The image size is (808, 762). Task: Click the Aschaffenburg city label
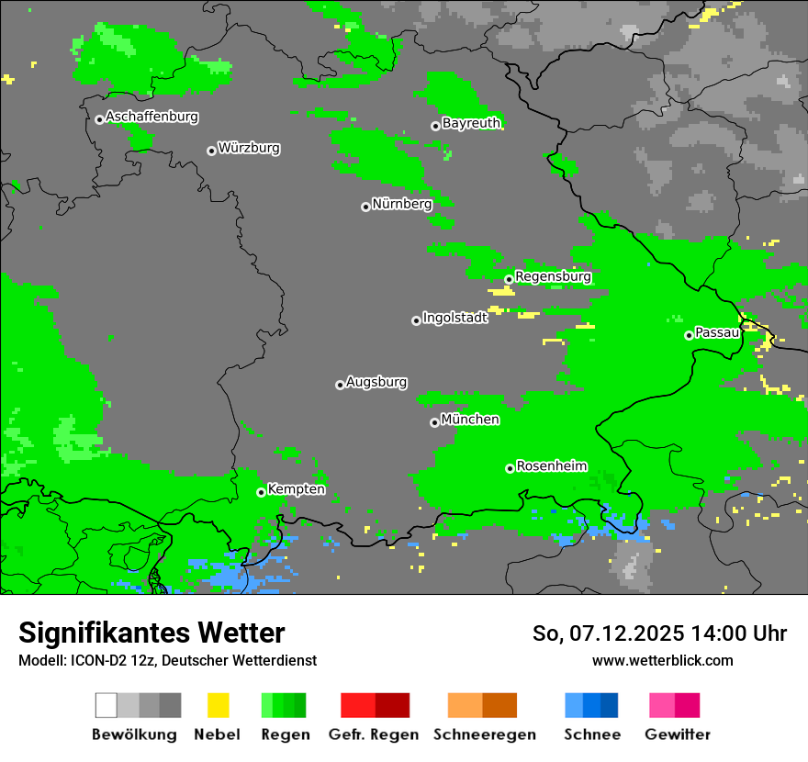click(151, 118)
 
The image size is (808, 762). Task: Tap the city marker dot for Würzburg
click(211, 151)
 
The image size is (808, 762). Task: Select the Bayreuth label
click(471, 123)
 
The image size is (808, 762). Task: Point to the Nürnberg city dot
click(365, 207)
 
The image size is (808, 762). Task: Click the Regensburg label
click(553, 276)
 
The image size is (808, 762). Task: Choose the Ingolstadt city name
click(455, 318)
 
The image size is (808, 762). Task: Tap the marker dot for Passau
click(689, 335)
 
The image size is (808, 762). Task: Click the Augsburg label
click(376, 382)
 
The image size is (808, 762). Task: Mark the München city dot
click(434, 422)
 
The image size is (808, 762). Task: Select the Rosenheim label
click(551, 466)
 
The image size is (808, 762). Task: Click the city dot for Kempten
click(261, 492)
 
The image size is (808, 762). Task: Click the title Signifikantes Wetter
click(151, 633)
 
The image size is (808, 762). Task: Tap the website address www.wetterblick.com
click(662, 660)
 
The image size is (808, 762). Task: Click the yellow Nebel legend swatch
click(218, 705)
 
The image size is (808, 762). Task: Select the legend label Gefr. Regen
click(374, 734)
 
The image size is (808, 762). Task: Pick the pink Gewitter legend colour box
click(662, 705)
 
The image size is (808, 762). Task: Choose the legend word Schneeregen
click(484, 734)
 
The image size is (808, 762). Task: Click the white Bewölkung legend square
click(107, 705)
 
